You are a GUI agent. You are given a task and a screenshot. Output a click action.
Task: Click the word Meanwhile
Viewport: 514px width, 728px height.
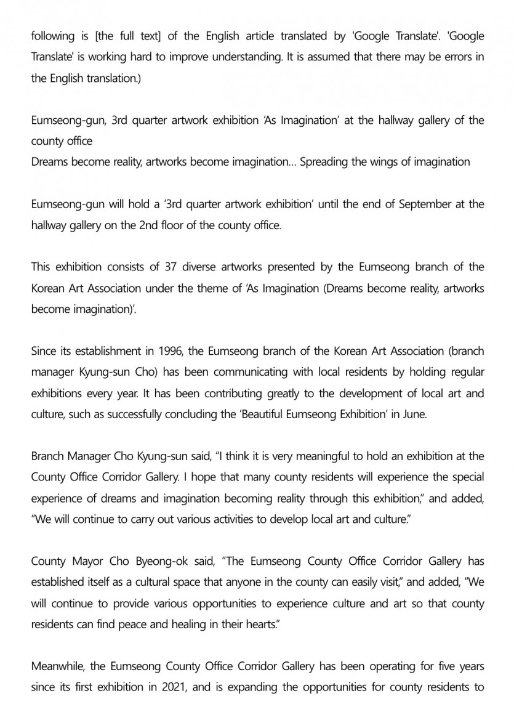coord(60,666)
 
